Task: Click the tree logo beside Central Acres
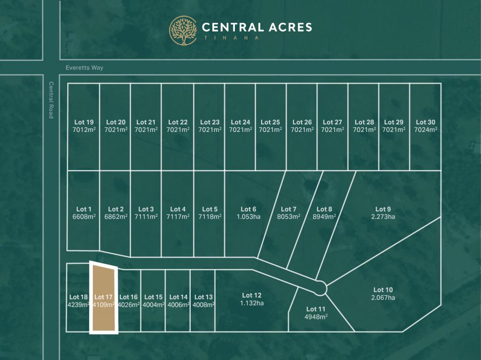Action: point(183,31)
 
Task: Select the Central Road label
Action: point(51,100)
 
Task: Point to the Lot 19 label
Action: point(84,122)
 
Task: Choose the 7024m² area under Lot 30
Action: point(426,130)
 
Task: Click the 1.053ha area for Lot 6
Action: point(248,217)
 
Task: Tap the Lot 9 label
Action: point(383,209)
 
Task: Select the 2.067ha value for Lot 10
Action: point(383,298)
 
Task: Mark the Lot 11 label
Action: point(316,309)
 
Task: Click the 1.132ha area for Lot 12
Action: point(252,303)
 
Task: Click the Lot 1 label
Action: point(84,209)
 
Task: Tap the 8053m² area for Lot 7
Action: point(288,217)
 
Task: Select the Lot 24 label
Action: point(240,122)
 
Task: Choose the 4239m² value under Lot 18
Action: point(78,305)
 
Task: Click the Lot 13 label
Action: point(203,297)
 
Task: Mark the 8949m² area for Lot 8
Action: point(324,217)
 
